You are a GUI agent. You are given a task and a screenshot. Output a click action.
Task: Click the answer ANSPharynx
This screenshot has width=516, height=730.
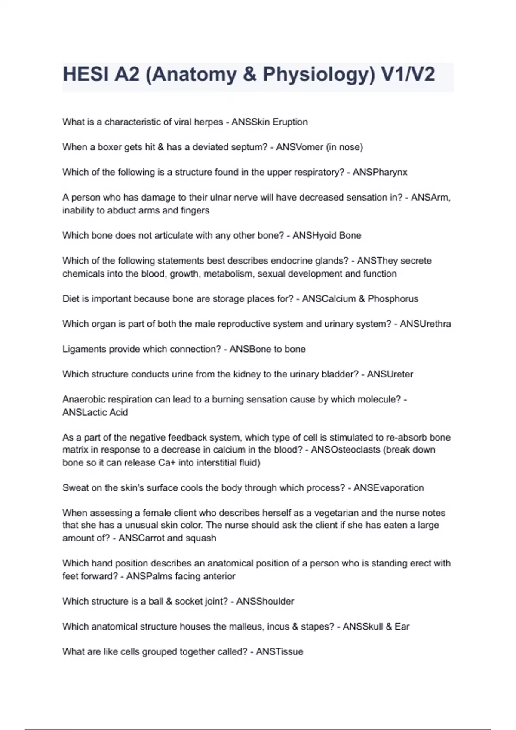click(x=380, y=172)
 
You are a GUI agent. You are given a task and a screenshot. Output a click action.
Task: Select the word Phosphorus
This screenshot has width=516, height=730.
click(x=393, y=299)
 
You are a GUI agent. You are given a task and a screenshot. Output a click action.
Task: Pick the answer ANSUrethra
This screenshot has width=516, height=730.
click(x=425, y=324)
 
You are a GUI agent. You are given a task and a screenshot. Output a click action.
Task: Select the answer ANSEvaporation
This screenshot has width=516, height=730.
click(x=388, y=488)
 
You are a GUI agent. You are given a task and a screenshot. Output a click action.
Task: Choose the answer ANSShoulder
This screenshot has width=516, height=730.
click(x=265, y=601)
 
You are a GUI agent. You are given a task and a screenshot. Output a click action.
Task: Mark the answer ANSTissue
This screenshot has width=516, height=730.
click(x=279, y=652)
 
